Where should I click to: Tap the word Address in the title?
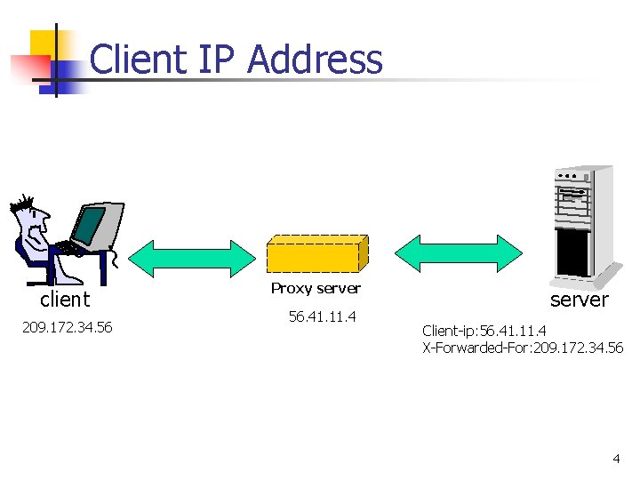click(315, 60)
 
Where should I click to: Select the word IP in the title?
click(216, 60)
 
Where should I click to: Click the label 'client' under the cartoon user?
click(65, 300)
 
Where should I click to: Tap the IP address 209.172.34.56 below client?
click(67, 328)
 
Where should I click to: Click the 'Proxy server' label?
click(316, 288)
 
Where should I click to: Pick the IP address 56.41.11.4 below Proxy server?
click(322, 316)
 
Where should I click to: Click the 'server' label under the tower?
click(579, 300)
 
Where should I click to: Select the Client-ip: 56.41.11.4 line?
click(490, 332)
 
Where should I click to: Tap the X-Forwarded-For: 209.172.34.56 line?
click(523, 348)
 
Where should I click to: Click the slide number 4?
click(616, 459)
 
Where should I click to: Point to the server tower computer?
click(582, 222)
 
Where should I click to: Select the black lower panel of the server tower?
click(572, 252)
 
